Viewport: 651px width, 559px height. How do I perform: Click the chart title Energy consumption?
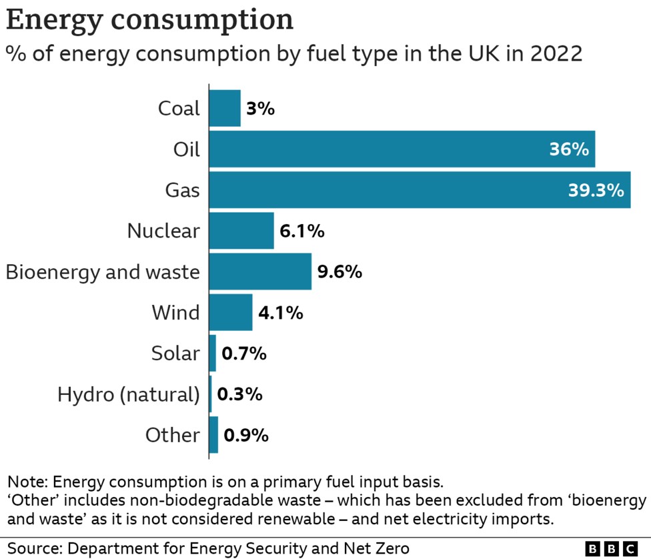(x=149, y=20)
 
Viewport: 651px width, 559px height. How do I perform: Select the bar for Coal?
(x=225, y=108)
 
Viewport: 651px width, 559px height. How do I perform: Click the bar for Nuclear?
(x=241, y=231)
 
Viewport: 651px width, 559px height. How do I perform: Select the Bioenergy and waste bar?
(x=260, y=271)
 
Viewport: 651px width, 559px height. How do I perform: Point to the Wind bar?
(x=231, y=312)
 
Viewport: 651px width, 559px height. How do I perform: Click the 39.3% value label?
(x=596, y=191)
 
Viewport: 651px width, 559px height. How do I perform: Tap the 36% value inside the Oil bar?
(x=568, y=149)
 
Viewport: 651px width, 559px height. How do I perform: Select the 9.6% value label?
(x=340, y=272)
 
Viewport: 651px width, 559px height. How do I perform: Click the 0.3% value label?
(x=239, y=394)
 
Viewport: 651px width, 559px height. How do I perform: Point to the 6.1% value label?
(x=302, y=231)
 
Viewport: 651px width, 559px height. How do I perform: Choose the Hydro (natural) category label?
(x=128, y=394)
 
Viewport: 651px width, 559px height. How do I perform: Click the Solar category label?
(x=175, y=354)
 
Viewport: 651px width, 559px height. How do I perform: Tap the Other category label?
(x=172, y=435)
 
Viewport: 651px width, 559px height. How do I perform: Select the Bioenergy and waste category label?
(x=103, y=272)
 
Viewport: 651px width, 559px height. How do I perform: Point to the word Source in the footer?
(x=31, y=548)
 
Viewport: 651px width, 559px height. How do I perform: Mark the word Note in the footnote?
(x=26, y=482)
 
